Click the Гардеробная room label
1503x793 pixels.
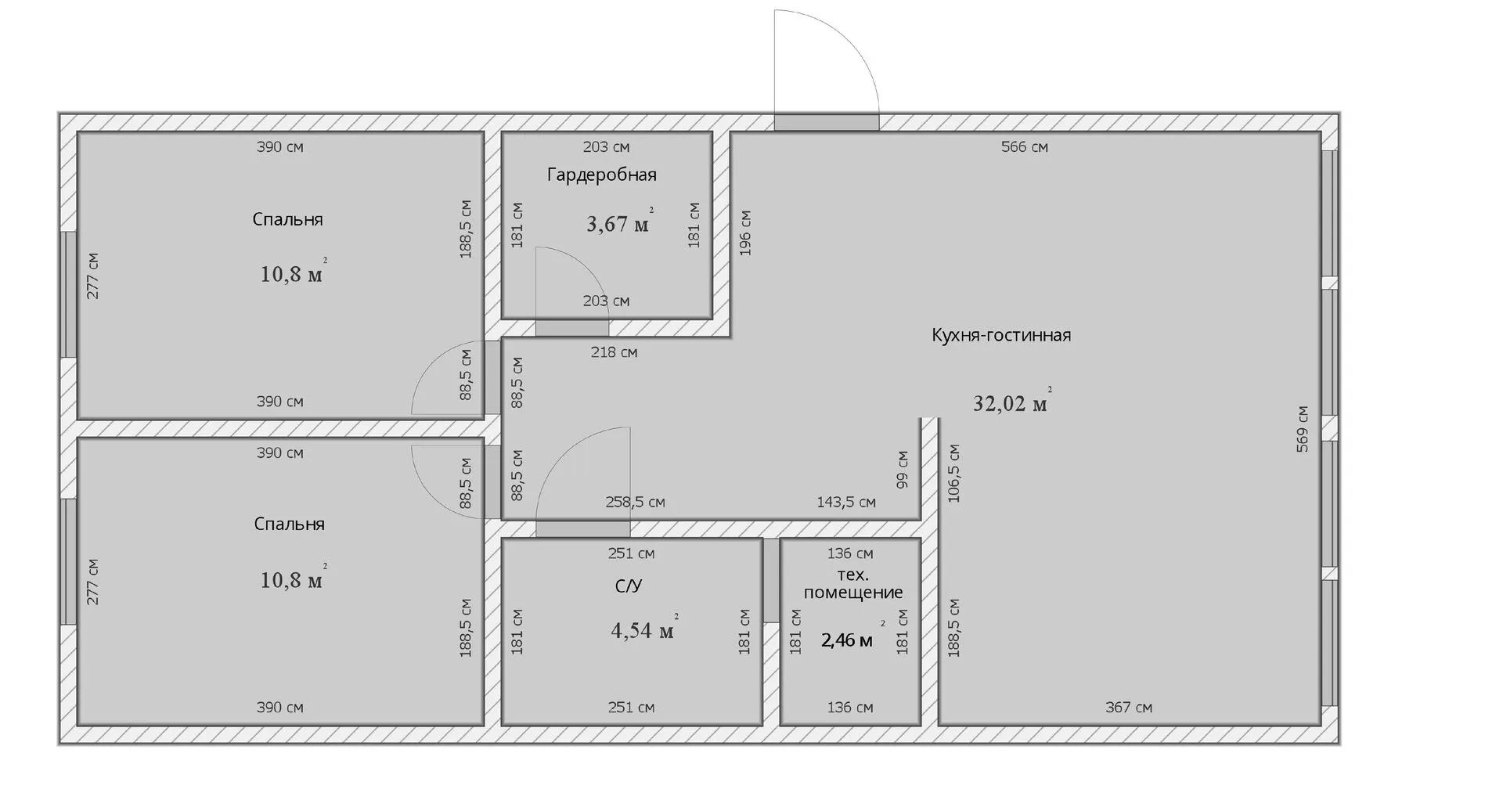coord(601,175)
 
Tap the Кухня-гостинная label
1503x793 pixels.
coord(1001,335)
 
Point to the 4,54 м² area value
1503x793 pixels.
coord(644,629)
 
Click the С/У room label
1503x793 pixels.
coord(629,586)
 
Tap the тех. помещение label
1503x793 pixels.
coord(853,584)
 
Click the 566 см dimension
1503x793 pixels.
coord(1025,147)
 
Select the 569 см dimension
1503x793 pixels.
coord(1302,428)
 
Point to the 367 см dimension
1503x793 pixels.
coord(1129,708)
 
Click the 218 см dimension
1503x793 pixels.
coord(614,352)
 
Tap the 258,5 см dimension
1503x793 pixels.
coord(635,503)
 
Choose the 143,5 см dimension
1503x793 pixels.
coord(846,503)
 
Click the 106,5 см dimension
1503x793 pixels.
coord(953,473)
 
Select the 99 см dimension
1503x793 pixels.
coord(902,469)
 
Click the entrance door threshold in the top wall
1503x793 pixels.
coord(827,122)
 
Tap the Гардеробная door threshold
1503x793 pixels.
coord(572,328)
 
